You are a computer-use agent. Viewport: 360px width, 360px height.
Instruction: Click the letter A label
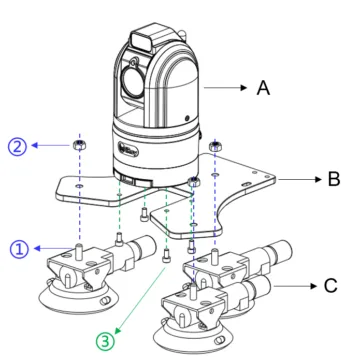(263, 88)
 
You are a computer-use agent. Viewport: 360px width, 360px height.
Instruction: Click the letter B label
(334, 179)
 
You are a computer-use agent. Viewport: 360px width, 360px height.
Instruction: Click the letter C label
(331, 286)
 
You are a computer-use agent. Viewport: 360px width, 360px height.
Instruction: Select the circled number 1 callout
(19, 249)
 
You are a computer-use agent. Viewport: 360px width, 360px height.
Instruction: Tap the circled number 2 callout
(17, 147)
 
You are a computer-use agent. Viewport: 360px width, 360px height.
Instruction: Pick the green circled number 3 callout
(105, 342)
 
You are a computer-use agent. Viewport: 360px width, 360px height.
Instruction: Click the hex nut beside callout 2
(79, 144)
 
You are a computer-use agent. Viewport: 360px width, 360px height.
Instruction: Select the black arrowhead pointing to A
(244, 88)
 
